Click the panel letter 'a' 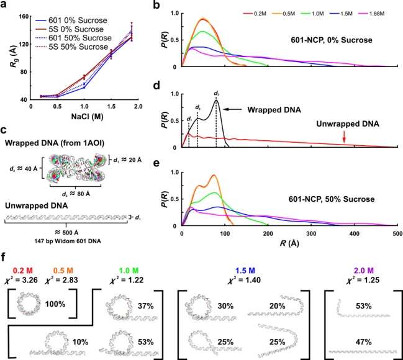(x=5, y=6)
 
